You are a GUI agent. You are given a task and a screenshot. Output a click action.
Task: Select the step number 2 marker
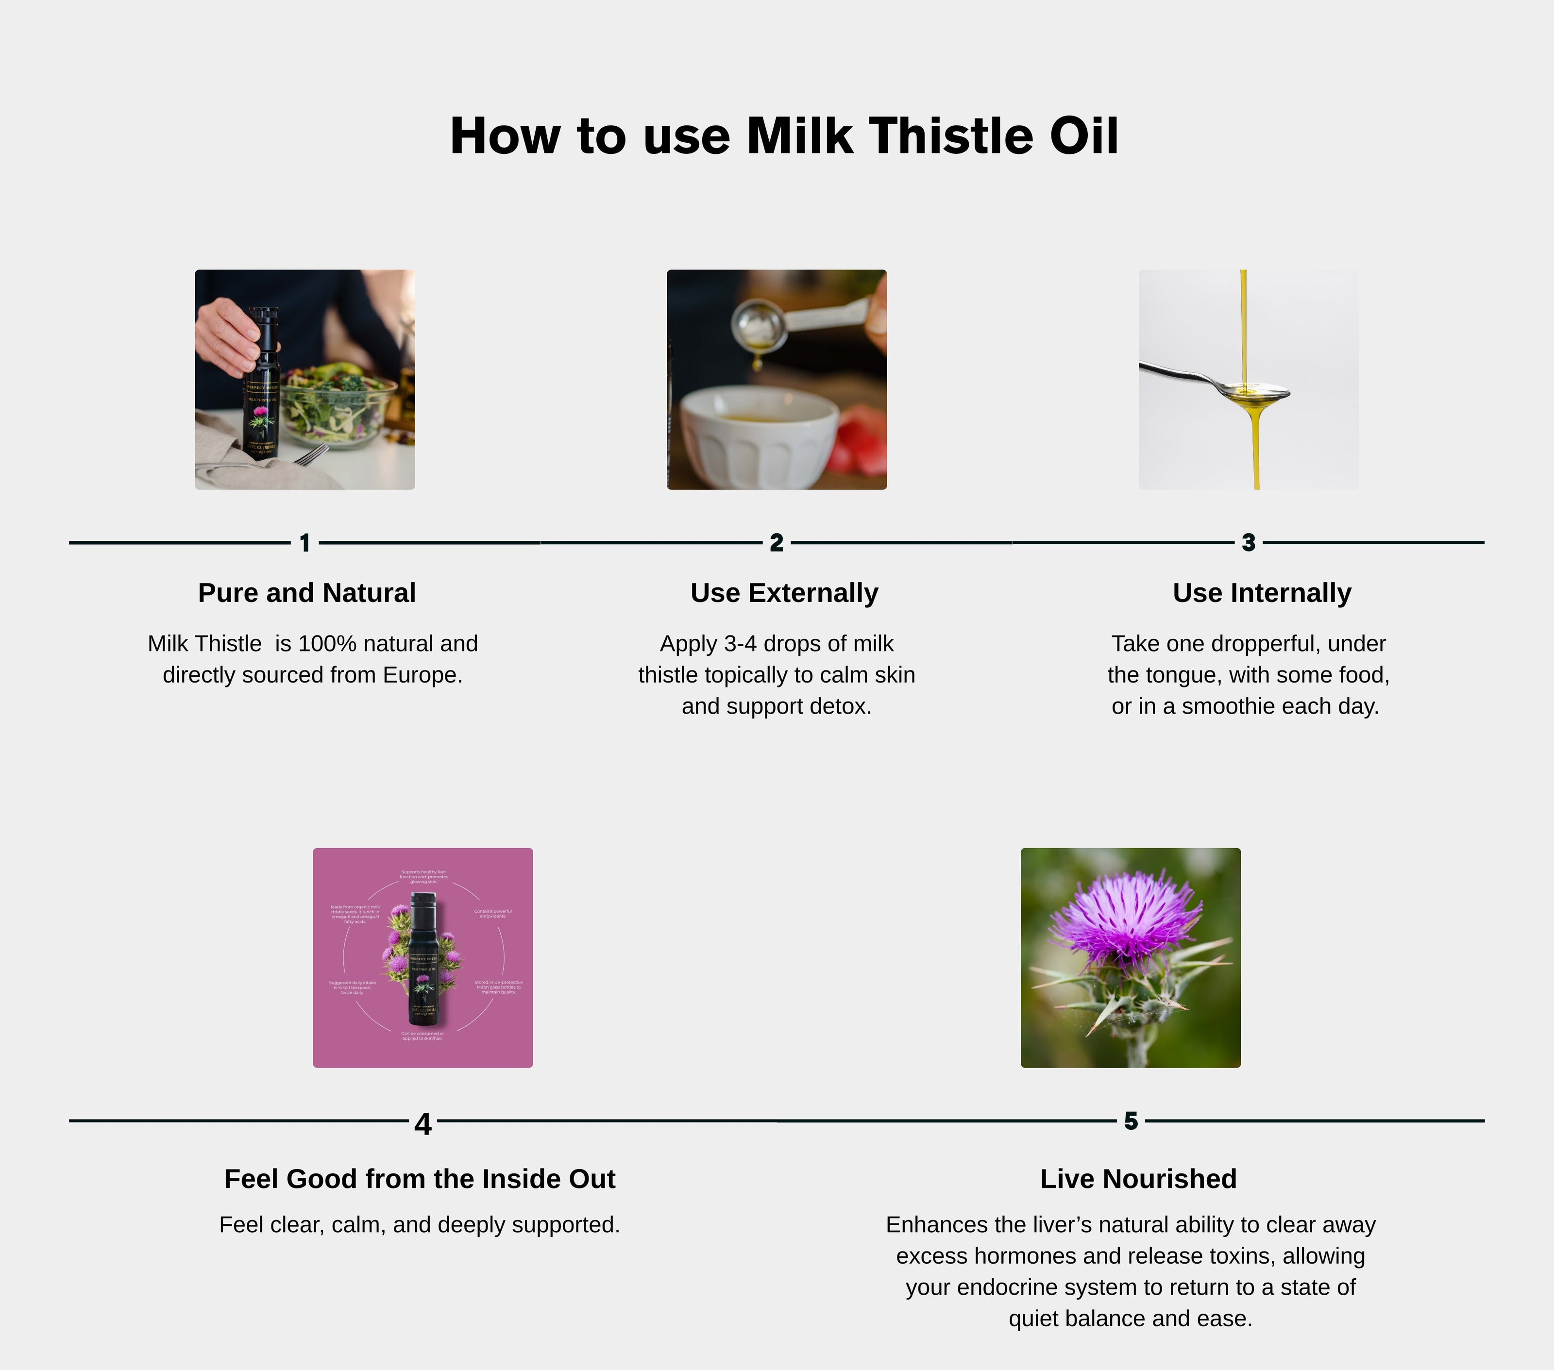[x=776, y=543]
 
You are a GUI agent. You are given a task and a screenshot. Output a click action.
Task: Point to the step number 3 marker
[x=1249, y=543]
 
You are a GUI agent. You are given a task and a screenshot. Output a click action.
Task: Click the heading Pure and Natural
[x=306, y=593]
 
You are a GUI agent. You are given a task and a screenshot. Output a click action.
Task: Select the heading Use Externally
[x=784, y=593]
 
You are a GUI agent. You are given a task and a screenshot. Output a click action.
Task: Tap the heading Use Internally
[x=1261, y=593]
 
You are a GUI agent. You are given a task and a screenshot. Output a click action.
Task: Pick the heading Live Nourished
[x=1138, y=1179]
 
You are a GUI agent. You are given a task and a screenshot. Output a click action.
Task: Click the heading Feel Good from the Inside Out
[x=420, y=1179]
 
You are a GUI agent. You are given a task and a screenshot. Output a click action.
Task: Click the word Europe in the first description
[x=422, y=675]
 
